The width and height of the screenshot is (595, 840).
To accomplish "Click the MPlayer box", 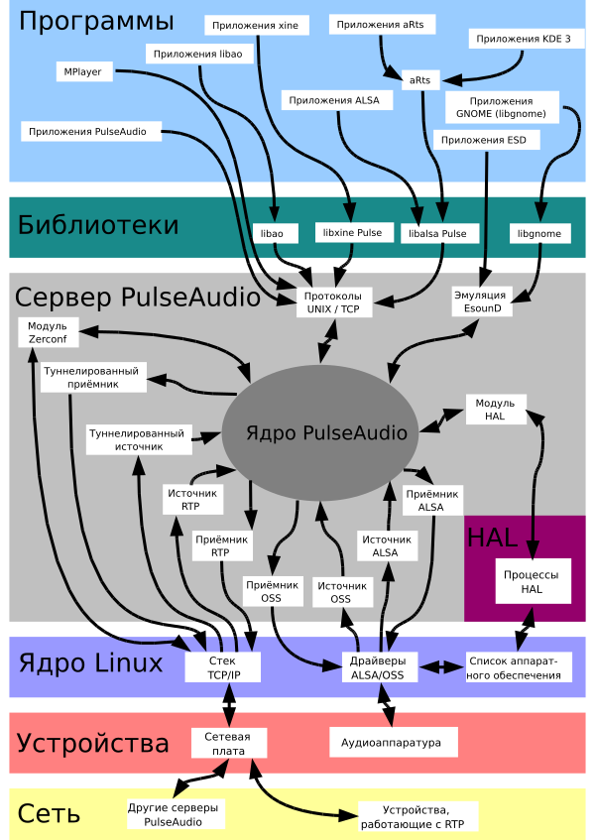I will tap(85, 71).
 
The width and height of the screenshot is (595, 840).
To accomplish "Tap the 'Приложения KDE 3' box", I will tap(523, 39).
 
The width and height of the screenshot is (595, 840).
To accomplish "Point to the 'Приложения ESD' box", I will tap(490, 140).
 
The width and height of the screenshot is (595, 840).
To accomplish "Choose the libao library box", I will tap(273, 233).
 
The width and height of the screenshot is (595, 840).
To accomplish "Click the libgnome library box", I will tap(539, 233).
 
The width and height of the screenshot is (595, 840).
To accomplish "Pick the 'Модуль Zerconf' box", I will tap(47, 332).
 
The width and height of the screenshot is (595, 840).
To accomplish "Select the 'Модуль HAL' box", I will tap(496, 410).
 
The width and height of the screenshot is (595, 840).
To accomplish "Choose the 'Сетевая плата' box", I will tap(227, 743).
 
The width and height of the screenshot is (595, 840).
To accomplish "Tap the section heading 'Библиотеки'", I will tap(98, 225).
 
